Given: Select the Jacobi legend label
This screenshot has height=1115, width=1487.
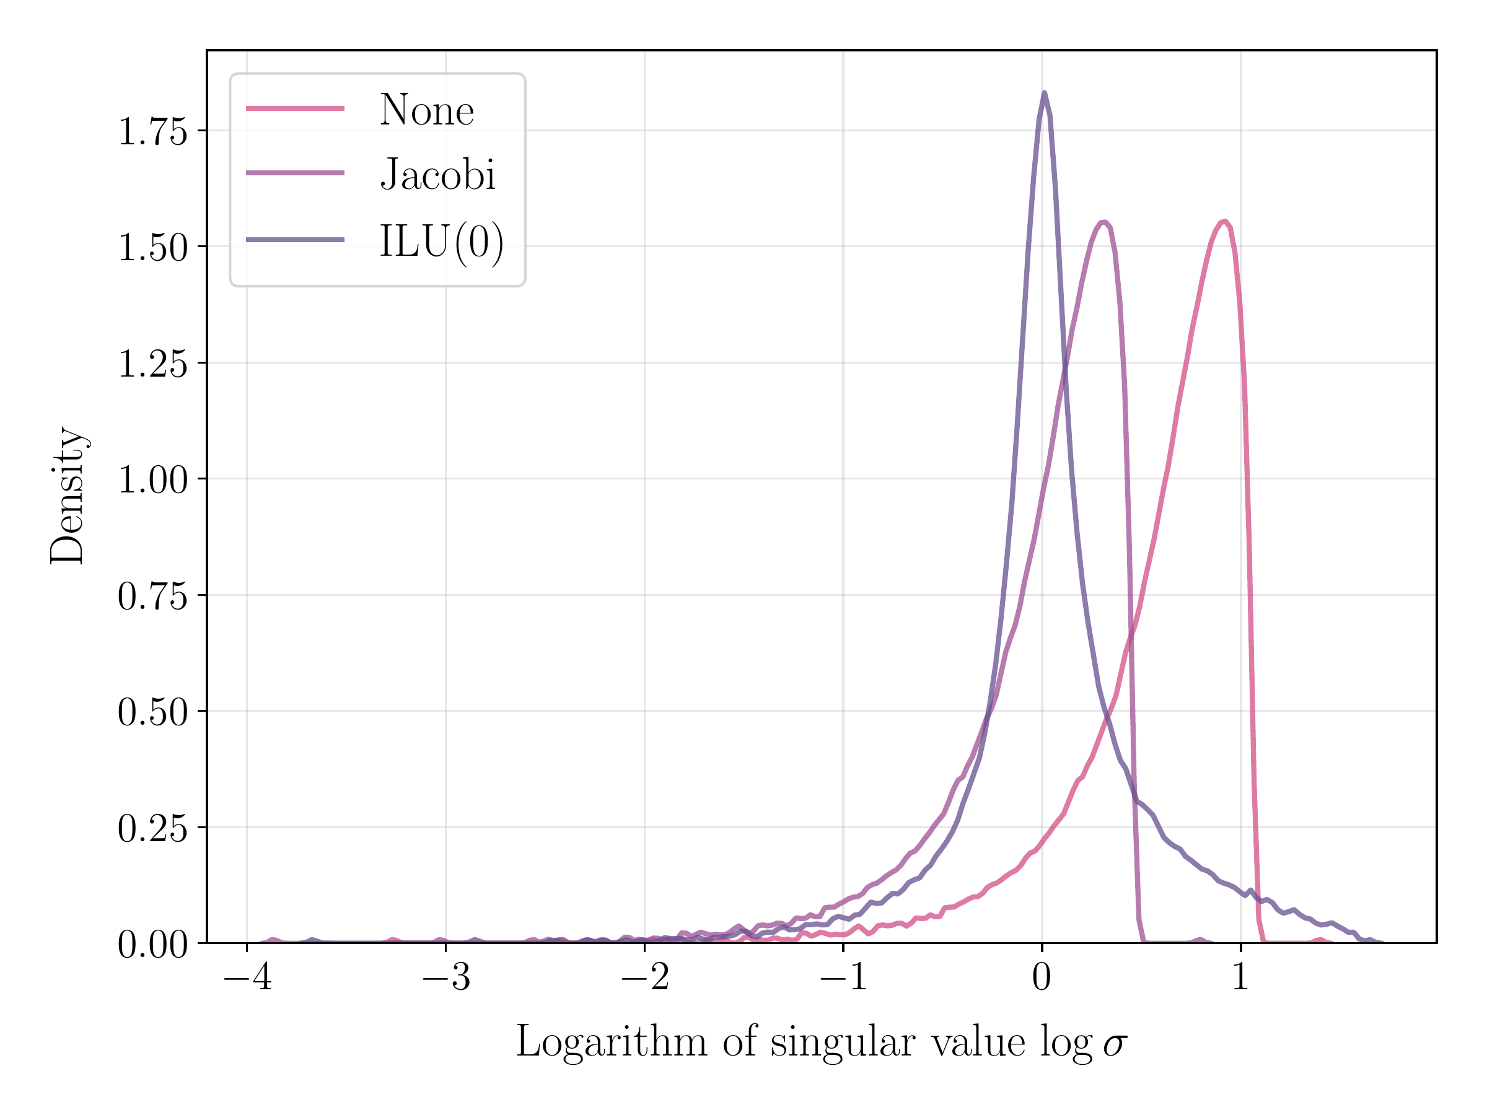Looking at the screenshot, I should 437,175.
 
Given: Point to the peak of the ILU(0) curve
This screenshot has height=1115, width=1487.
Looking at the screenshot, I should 1043,94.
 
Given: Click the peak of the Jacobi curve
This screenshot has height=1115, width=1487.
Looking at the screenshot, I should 1103,222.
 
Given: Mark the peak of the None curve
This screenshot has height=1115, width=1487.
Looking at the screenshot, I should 1224,221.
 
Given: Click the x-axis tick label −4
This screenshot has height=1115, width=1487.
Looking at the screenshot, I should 247,977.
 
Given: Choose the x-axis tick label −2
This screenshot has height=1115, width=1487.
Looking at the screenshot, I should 645,977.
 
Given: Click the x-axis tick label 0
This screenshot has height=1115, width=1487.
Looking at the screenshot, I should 1042,977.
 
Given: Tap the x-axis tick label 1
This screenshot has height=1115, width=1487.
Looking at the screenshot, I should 1240,977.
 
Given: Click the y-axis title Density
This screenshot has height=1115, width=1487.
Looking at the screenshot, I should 67,496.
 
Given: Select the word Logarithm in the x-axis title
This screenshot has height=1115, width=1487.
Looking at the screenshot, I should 611,1044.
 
